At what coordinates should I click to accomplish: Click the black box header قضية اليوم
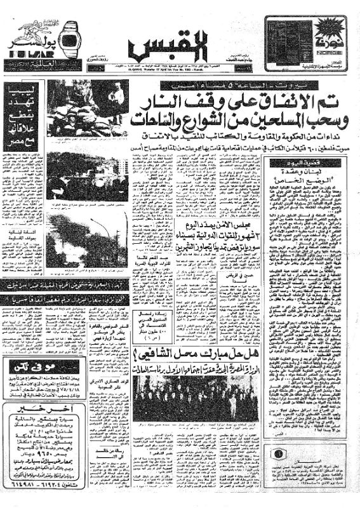(x=296, y=163)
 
